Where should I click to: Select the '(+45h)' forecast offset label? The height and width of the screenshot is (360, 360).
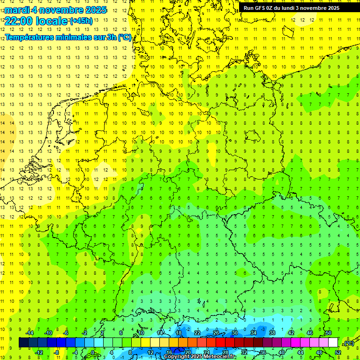pyautogui.click(x=81, y=21)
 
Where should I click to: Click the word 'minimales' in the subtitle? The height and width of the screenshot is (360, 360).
pyautogui.click(x=73, y=37)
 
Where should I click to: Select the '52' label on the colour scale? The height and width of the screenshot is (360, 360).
pyautogui.click(x=338, y=352)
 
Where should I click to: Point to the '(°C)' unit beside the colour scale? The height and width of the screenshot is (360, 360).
pyautogui.click(x=348, y=343)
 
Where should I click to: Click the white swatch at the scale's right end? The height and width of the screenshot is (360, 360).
pyautogui.click(x=333, y=343)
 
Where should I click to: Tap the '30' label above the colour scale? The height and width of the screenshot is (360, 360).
pyautogui.click(x=234, y=333)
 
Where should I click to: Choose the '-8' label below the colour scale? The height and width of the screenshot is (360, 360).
pyautogui.click(x=57, y=352)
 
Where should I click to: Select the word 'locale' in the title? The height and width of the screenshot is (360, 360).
pyautogui.click(x=53, y=20)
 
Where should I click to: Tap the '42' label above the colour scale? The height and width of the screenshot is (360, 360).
pyautogui.click(x=291, y=333)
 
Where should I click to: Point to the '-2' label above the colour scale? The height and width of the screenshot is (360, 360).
pyautogui.click(x=85, y=333)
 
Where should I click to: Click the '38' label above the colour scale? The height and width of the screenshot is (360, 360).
pyautogui.click(x=272, y=333)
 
